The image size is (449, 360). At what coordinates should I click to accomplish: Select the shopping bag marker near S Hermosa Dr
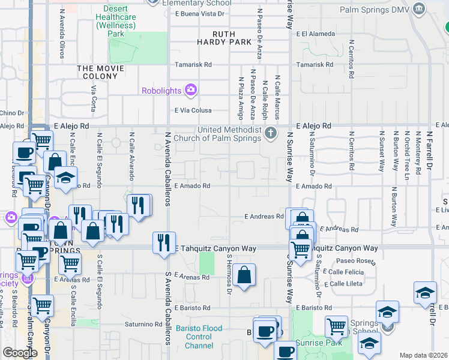(244, 275)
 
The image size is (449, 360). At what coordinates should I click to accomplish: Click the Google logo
(20, 353)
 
